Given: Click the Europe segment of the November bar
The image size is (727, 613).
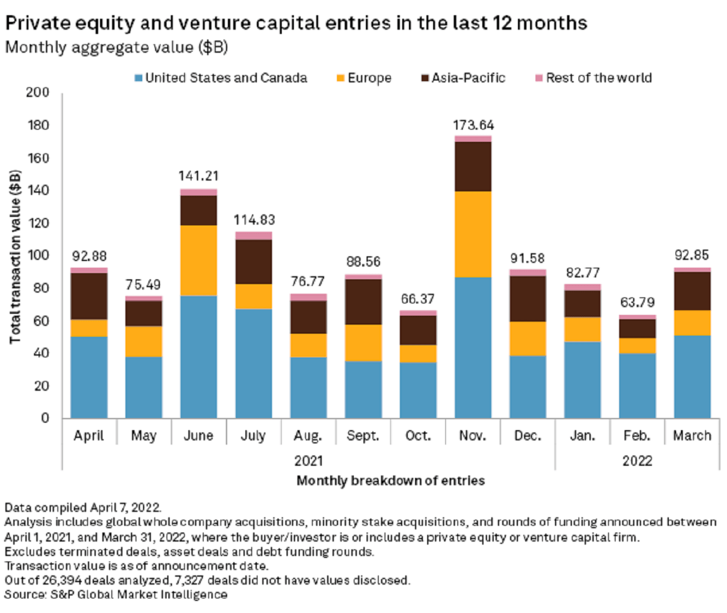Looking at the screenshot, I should (473, 234).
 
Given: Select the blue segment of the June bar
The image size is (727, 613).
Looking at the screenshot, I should (198, 357).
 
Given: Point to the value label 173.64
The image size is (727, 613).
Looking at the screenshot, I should (473, 125).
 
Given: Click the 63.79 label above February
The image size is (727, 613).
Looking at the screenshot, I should (637, 302).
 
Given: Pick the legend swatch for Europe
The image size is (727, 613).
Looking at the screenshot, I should (340, 78).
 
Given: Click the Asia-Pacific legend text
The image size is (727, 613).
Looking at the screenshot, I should (468, 78).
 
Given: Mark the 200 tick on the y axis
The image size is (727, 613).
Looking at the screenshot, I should (38, 93).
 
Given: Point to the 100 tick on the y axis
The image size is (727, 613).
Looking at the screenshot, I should (38, 256).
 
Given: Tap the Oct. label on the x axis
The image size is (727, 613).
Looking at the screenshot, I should (418, 436).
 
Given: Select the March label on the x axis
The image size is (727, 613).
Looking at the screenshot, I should (692, 436).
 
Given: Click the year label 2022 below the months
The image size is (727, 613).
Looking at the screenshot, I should (637, 461).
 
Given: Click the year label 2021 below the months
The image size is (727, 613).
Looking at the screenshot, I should (308, 461).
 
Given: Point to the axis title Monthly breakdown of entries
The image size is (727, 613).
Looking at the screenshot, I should (391, 481).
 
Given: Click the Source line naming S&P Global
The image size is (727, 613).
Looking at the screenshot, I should (116, 594).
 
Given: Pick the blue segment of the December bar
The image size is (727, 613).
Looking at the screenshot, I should (528, 386).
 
